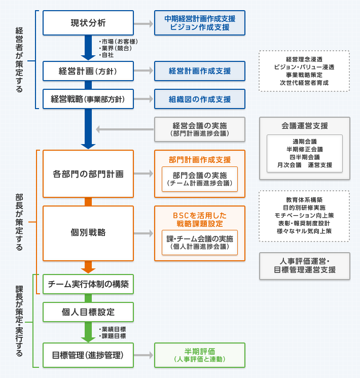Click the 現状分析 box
click(x=88, y=23)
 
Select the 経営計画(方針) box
click(x=88, y=71)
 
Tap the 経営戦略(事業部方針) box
click(x=88, y=99)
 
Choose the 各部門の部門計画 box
click(x=88, y=174)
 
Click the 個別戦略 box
click(x=88, y=232)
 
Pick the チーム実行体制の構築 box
click(x=88, y=284)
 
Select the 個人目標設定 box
click(x=88, y=312)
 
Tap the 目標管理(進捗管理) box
click(x=88, y=354)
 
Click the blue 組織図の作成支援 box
click(x=200, y=99)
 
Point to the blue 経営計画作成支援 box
click(x=200, y=71)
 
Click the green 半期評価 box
click(x=200, y=355)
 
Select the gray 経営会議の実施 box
click(x=200, y=129)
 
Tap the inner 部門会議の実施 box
click(x=200, y=179)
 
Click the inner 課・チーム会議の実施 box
click(x=200, y=242)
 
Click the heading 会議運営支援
click(x=304, y=126)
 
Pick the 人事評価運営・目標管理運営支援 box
click(x=304, y=266)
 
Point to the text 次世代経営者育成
click(x=304, y=83)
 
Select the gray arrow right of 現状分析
click(x=146, y=24)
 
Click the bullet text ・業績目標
click(x=112, y=329)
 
